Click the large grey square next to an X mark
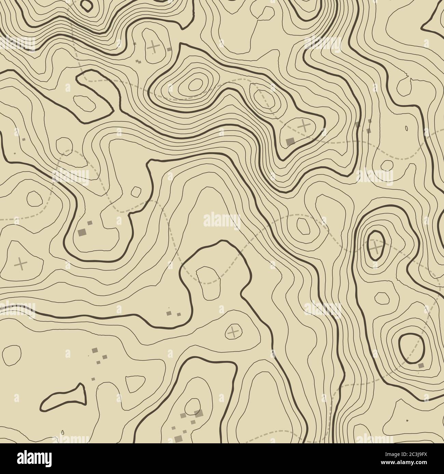coord(290,141)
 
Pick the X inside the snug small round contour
coord(233,331)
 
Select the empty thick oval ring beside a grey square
coord(411,348)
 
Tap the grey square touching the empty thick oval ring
coord(421,365)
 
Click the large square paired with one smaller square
coord(82,232)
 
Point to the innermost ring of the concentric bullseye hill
coord(195,83)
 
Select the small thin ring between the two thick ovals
coord(382,298)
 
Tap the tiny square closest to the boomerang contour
coord(93,379)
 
